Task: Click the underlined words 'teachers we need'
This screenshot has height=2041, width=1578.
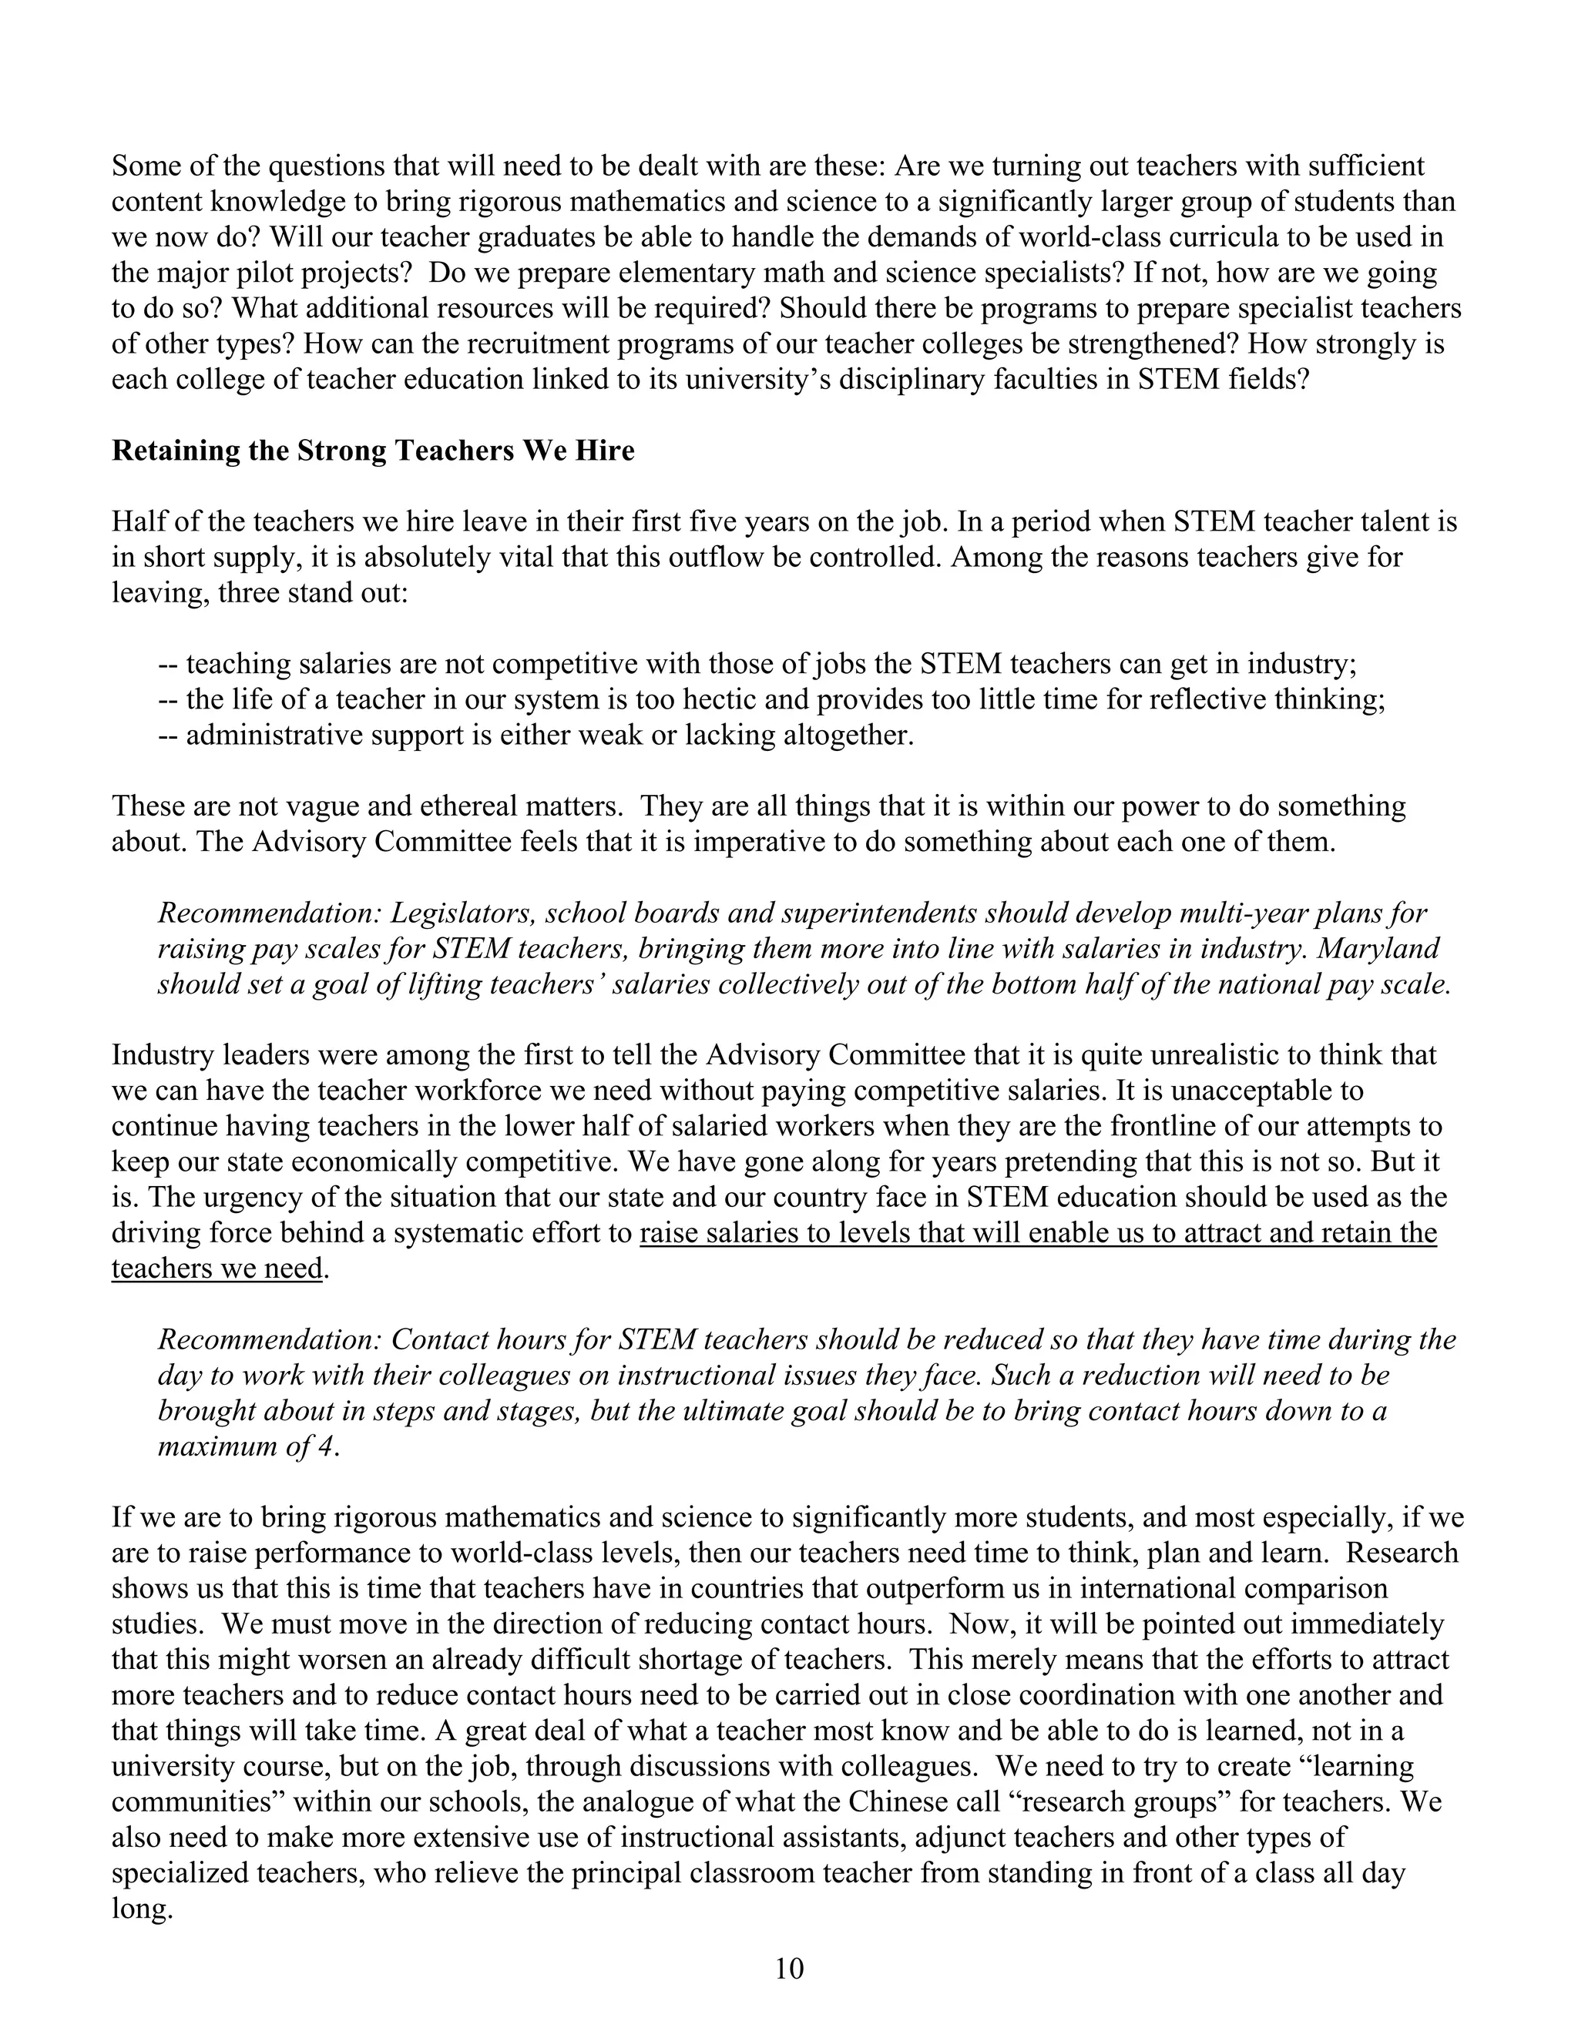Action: [x=216, y=1269]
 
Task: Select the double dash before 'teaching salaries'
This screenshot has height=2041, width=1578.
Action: [x=167, y=665]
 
